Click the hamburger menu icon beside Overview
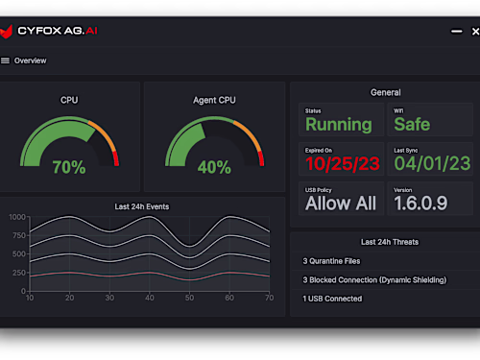click(6, 60)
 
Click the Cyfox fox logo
click(9, 31)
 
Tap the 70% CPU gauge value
click(69, 167)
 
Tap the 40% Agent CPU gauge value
click(213, 167)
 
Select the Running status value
click(338, 125)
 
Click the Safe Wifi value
click(412, 125)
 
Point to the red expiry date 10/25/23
click(343, 163)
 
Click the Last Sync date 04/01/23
click(432, 163)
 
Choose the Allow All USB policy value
click(341, 204)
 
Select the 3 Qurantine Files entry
click(332, 260)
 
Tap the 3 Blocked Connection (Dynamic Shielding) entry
click(374, 279)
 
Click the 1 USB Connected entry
click(332, 299)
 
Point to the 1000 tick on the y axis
click(17, 218)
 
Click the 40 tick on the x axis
click(149, 299)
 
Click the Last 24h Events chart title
click(142, 206)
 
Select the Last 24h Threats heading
click(390, 242)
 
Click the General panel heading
click(385, 92)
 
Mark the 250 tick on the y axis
click(19, 273)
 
